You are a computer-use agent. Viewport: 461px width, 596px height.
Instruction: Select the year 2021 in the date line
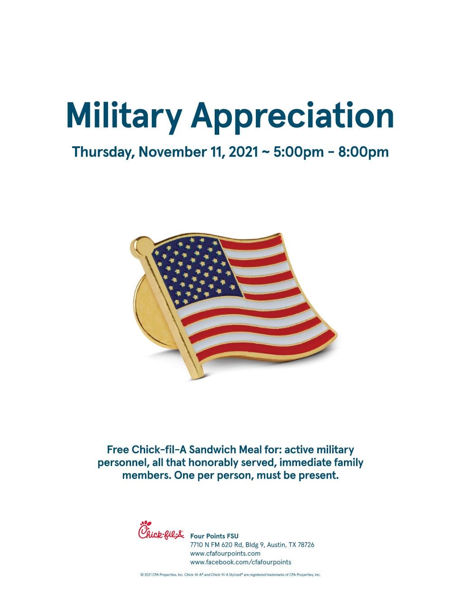click(243, 152)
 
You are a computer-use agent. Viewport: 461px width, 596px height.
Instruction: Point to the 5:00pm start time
click(298, 152)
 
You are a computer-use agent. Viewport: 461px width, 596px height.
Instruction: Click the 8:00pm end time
click(363, 152)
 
